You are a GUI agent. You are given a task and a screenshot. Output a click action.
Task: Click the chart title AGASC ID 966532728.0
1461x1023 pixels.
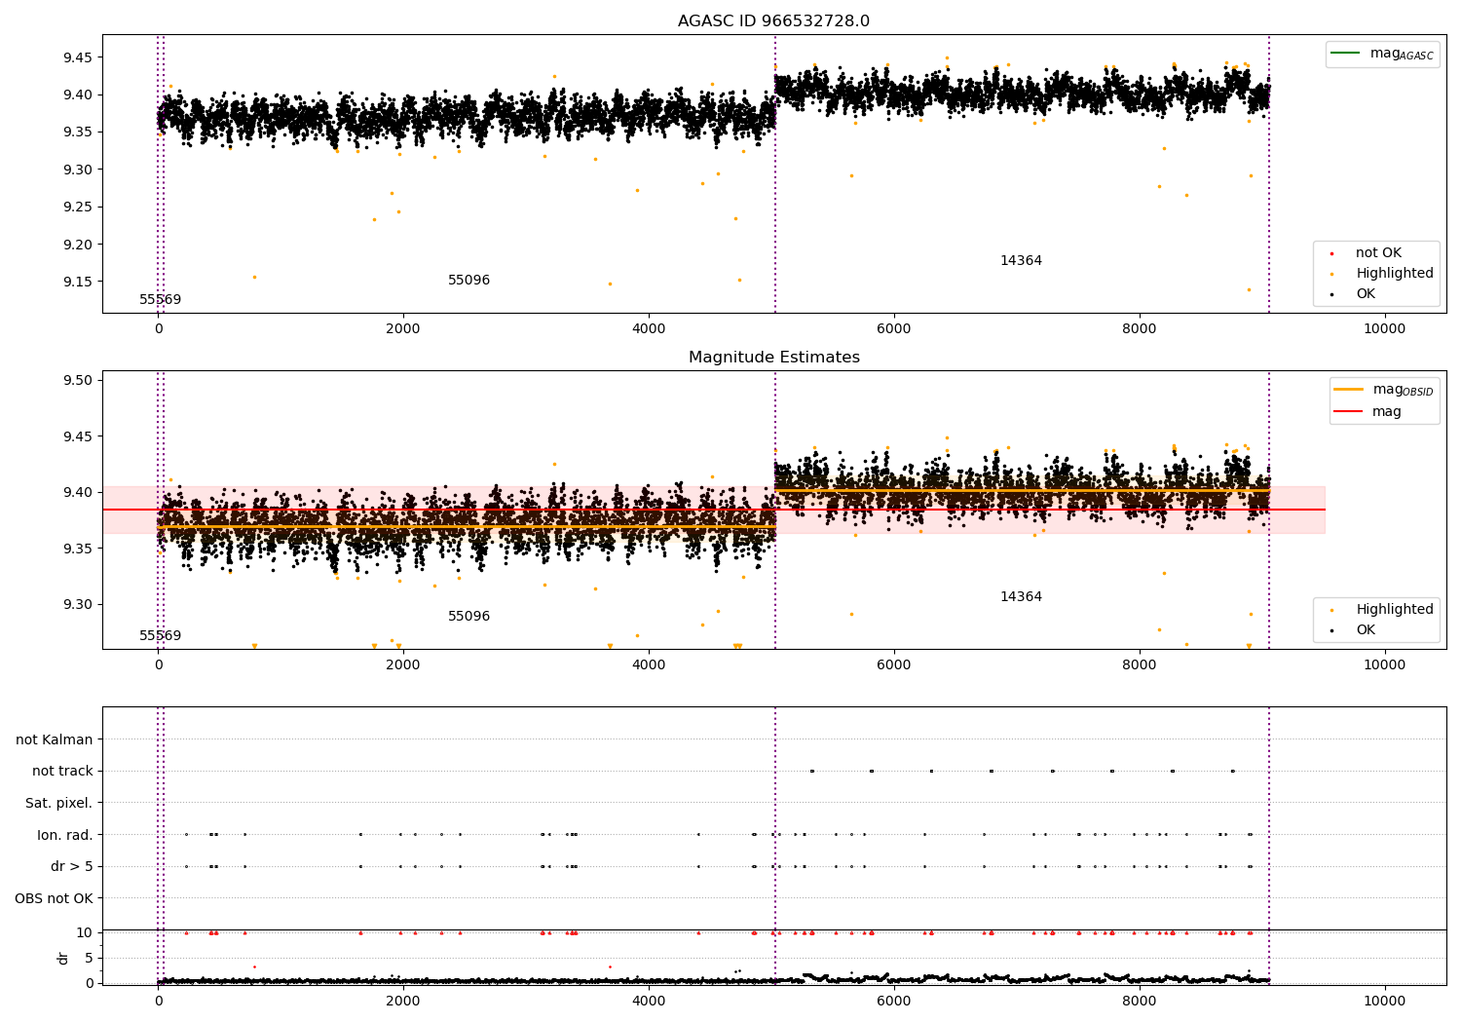click(x=773, y=21)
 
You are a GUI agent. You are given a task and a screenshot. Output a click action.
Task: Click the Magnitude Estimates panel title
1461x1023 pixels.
click(x=773, y=358)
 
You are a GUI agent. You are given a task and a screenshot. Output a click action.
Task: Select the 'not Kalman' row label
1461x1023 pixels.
click(x=55, y=739)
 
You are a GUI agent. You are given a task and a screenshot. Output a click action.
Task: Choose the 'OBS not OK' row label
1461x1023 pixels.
click(x=54, y=898)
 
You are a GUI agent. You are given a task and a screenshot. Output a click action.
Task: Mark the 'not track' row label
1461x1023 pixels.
click(x=62, y=772)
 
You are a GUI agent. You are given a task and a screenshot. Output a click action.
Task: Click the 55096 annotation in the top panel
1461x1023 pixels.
click(x=468, y=281)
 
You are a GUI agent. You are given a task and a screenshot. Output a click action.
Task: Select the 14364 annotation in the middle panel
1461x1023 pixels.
click(x=1021, y=597)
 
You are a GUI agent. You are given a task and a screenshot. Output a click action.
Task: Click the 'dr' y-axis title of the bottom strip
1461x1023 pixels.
click(x=63, y=958)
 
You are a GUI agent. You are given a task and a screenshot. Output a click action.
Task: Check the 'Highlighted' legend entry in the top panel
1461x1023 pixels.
click(x=1394, y=274)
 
